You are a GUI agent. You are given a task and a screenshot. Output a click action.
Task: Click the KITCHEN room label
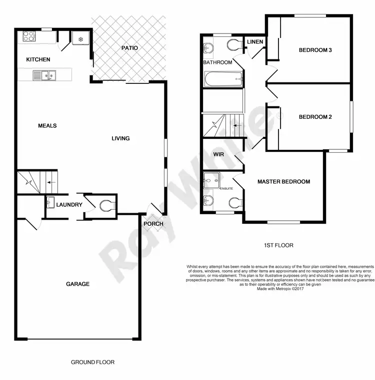click(x=38, y=59)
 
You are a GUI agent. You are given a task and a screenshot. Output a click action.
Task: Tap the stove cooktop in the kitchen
click(x=28, y=36)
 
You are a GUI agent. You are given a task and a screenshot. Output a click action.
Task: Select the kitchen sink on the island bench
click(x=44, y=75)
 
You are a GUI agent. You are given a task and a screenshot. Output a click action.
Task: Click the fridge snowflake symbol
click(x=80, y=39)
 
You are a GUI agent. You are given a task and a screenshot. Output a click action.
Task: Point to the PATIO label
click(x=129, y=48)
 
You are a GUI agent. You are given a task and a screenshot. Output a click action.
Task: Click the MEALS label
click(x=47, y=126)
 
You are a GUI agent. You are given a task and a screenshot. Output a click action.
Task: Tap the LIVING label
click(x=120, y=138)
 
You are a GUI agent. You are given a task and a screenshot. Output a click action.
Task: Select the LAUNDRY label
click(x=69, y=205)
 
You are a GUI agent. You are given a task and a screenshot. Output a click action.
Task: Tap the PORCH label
click(x=153, y=224)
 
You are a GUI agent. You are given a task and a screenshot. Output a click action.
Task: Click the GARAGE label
click(x=77, y=284)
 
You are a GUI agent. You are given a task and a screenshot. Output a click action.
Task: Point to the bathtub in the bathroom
click(x=223, y=79)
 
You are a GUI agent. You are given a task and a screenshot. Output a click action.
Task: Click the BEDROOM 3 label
click(x=315, y=50)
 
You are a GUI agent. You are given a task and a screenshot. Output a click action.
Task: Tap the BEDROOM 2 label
click(x=315, y=117)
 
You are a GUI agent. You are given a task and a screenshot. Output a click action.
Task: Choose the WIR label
click(x=218, y=155)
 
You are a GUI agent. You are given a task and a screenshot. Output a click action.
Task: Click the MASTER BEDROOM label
click(x=283, y=182)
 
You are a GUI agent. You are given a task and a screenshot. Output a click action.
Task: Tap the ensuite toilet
click(x=235, y=202)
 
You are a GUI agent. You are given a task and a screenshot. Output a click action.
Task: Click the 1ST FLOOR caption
click(x=278, y=245)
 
